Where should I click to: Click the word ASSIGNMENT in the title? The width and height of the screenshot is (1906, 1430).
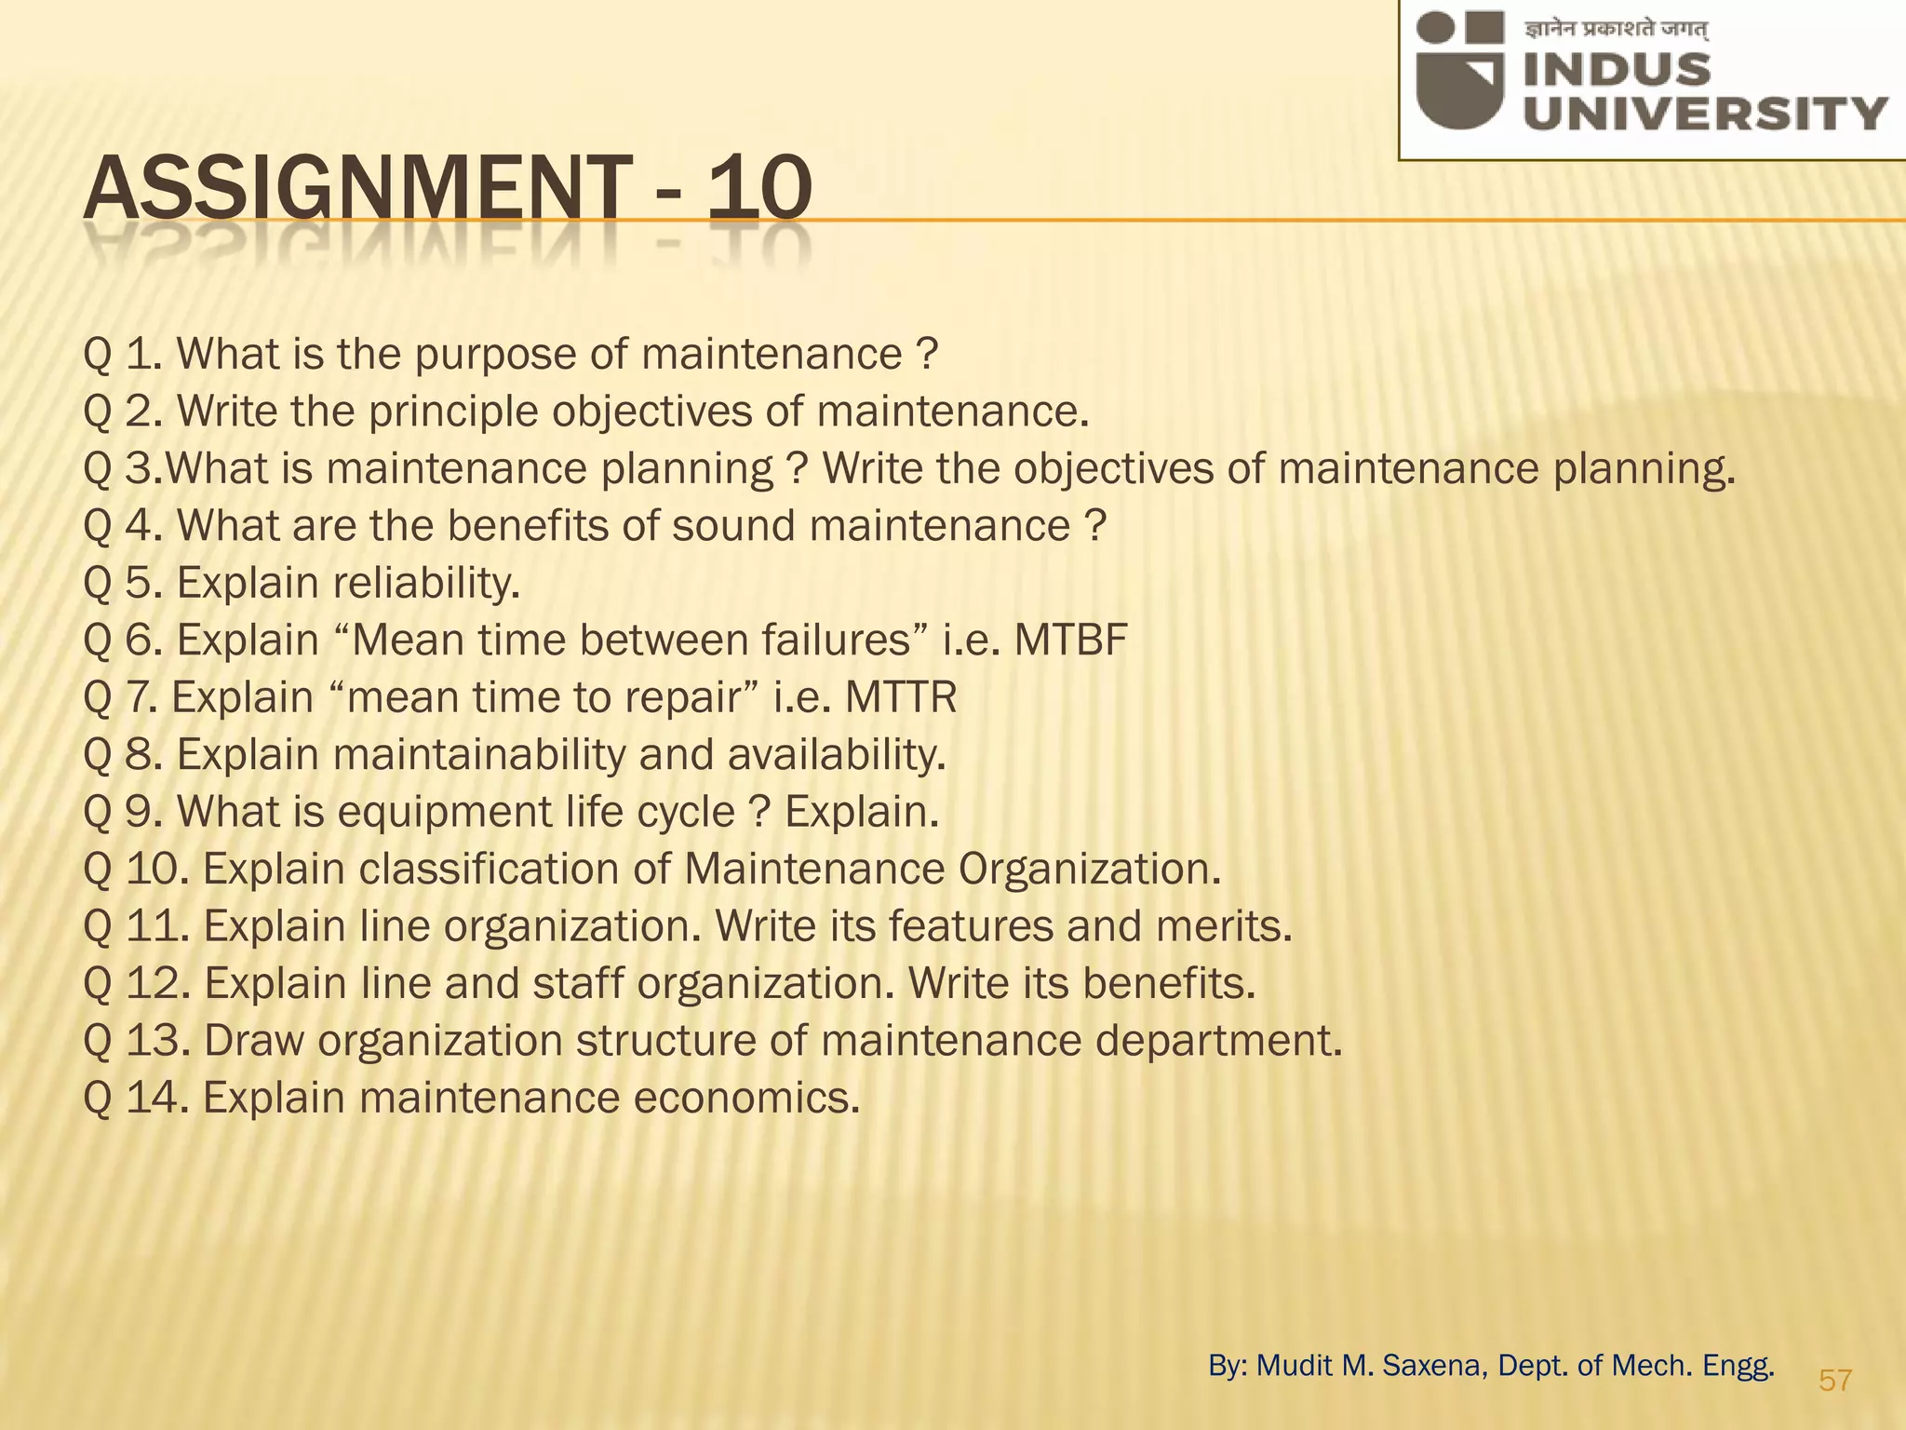click(x=355, y=189)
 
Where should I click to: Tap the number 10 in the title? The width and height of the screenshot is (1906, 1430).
click(x=758, y=189)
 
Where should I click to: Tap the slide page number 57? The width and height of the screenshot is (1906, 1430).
click(x=1835, y=1380)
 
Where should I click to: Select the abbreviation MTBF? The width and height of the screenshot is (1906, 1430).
click(x=1070, y=641)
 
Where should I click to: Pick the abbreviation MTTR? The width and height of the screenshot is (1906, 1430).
click(x=900, y=697)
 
